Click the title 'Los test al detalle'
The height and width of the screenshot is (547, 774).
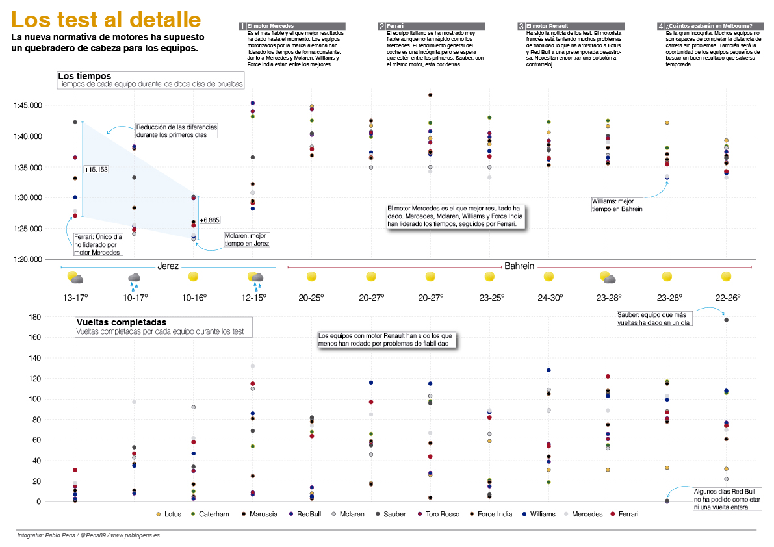[107, 19]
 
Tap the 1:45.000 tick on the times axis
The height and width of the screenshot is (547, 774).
[28, 105]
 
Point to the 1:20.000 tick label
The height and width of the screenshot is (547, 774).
[28, 259]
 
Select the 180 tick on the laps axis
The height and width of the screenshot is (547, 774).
[34, 317]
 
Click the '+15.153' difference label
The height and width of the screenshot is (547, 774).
[96, 170]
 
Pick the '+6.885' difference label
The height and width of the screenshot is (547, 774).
[210, 220]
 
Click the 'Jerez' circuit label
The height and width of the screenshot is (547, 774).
[168, 266]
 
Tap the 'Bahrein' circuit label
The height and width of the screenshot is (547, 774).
[519, 266]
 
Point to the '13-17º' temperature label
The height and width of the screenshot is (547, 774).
[75, 298]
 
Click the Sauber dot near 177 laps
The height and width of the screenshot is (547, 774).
[726, 320]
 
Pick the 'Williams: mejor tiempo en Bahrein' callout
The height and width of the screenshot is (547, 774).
[617, 205]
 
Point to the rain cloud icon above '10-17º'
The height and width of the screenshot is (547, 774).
[134, 279]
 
